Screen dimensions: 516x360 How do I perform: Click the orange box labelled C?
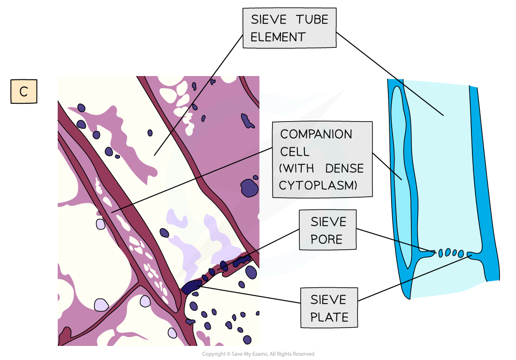coord(24,91)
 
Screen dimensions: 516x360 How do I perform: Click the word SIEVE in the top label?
coord(269,20)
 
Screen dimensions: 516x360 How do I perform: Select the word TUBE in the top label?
coord(312,20)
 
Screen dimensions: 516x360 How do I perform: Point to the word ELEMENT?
coord(278,37)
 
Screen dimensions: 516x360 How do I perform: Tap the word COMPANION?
coord(316,134)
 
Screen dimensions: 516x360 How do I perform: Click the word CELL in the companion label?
coord(295,152)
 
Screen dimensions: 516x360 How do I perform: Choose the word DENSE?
coord(344,169)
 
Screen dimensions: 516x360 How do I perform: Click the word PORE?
coord(326,239)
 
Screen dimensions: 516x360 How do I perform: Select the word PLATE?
coord(329,317)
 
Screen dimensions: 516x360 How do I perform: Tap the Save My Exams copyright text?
coord(258,354)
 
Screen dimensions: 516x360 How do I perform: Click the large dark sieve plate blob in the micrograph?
coord(191,287)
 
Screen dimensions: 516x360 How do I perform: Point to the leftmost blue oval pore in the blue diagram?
coord(440,253)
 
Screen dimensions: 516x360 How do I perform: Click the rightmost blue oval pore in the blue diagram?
coord(461,253)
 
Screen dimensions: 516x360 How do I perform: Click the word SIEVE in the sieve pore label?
coord(328,222)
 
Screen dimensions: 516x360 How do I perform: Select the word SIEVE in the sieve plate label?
coord(328,300)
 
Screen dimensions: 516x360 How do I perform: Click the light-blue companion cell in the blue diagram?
coord(402,178)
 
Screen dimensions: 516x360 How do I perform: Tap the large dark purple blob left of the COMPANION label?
coord(250,188)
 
